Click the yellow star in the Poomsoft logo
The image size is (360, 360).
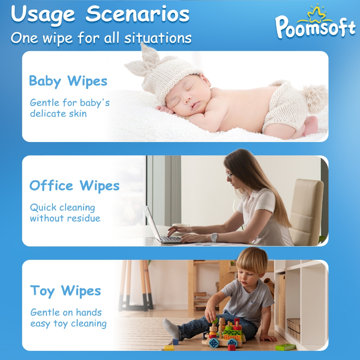[316, 13]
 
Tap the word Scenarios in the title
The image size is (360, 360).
[137, 14]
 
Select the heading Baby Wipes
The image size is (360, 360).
[68, 82]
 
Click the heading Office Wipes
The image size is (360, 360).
[75, 186]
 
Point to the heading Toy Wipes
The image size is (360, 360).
[65, 291]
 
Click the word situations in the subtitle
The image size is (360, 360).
[158, 38]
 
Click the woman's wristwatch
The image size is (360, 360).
[214, 238]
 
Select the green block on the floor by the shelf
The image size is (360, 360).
[285, 347]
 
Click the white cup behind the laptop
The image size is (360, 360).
[181, 226]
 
